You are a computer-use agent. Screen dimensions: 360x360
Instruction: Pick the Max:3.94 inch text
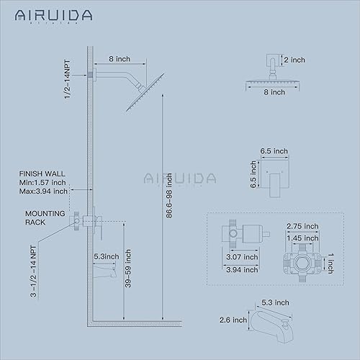(x=45, y=191)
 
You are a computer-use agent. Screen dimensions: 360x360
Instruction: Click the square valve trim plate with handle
(x=276, y=178)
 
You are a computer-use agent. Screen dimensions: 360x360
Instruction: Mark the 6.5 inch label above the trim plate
(x=275, y=151)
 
